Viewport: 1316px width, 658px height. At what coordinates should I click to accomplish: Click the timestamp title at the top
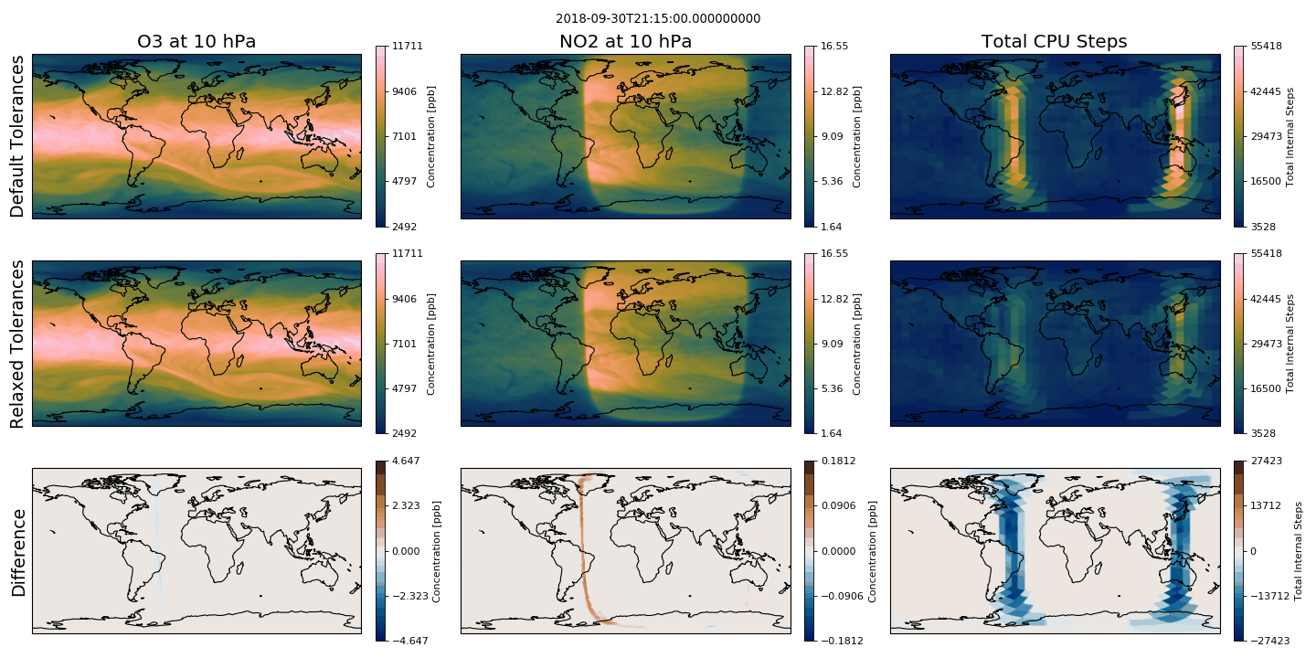click(x=658, y=19)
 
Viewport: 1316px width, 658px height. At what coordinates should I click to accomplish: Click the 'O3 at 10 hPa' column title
click(x=196, y=42)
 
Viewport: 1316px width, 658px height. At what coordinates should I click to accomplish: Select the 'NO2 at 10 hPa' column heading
click(x=625, y=42)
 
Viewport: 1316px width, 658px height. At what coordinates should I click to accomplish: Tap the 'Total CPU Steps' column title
click(x=1054, y=42)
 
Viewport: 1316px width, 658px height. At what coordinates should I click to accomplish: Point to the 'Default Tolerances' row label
click(x=17, y=136)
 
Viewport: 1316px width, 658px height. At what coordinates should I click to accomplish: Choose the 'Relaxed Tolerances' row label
click(x=17, y=344)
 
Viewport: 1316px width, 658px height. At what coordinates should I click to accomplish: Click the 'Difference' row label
click(x=18, y=553)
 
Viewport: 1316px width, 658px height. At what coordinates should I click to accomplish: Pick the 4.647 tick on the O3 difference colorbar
click(x=406, y=461)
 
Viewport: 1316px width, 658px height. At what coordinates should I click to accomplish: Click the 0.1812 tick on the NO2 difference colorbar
click(x=838, y=461)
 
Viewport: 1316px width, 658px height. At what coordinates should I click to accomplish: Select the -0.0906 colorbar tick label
click(x=842, y=596)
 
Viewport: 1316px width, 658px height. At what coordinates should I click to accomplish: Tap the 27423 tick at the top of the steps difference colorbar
click(x=1266, y=461)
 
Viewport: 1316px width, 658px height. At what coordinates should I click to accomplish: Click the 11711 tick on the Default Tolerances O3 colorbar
click(x=408, y=46)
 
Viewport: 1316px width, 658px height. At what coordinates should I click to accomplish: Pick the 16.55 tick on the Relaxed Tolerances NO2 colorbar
click(x=835, y=253)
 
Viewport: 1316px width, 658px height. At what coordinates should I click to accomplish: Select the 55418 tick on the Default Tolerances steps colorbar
click(x=1266, y=46)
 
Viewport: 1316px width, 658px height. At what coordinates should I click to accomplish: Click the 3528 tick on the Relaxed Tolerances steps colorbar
click(x=1263, y=433)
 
